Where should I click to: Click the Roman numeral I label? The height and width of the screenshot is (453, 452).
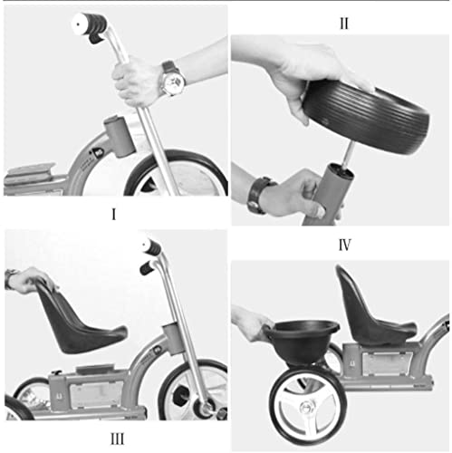coord(113,216)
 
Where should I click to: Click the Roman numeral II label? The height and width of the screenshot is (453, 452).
coord(343,24)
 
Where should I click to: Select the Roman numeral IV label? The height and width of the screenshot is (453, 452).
coord(345,244)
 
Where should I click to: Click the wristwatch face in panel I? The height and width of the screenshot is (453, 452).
coord(174,82)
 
